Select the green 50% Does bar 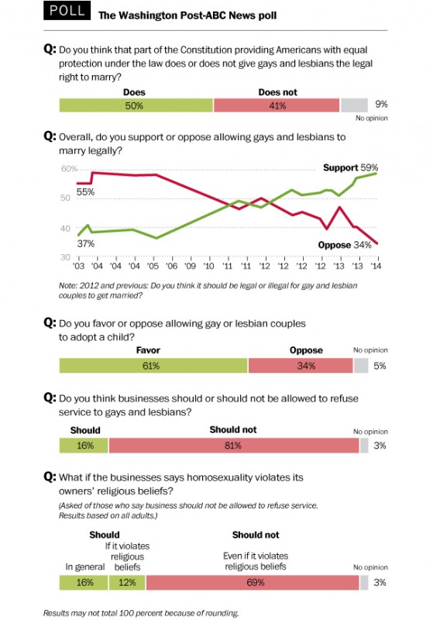pos(136,105)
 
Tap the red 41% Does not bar pos(276,105)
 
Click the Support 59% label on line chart pos(350,167)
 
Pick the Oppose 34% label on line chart pos(349,246)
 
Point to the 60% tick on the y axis pos(68,168)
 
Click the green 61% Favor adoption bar pos(153,366)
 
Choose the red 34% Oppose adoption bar pos(305,366)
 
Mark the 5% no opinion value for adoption pos(381,366)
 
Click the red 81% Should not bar pos(233,446)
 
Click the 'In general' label pos(81,567)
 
